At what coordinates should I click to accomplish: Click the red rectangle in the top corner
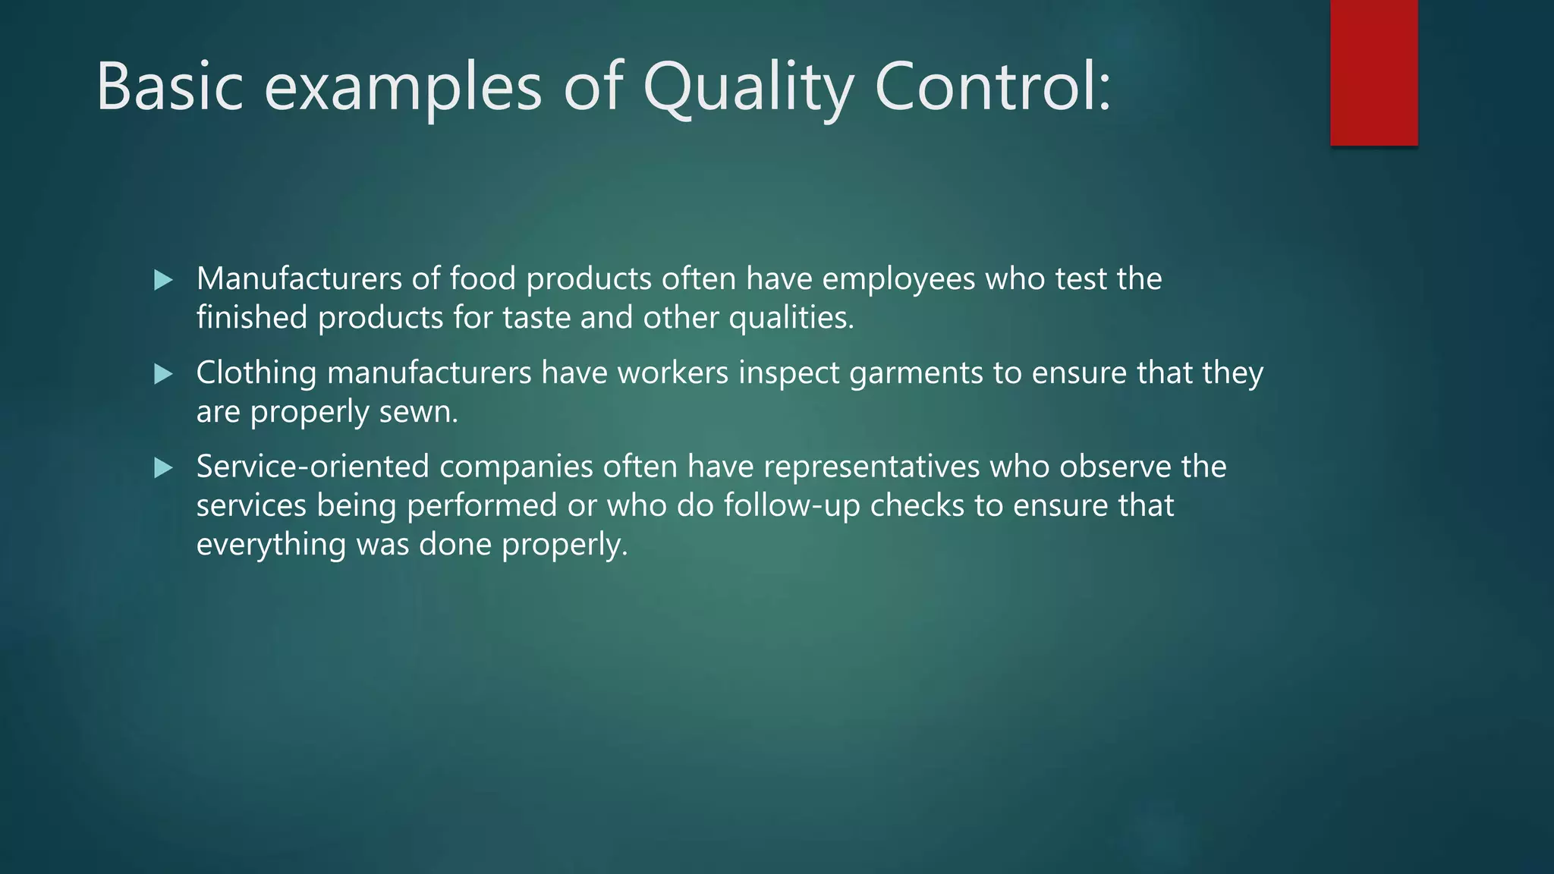pos(1373,73)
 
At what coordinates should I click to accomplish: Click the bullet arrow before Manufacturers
pos(163,281)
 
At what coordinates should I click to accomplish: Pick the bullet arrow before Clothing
pos(163,374)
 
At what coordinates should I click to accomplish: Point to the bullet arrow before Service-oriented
pos(163,468)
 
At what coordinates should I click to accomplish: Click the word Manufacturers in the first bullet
pos(299,279)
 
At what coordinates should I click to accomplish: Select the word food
pos(483,279)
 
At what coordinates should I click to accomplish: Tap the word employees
pos(898,279)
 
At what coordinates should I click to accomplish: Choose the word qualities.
pos(791,318)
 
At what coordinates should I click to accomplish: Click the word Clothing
pos(256,373)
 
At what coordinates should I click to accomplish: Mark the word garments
pos(916,373)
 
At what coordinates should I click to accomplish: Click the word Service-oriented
pos(313,467)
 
